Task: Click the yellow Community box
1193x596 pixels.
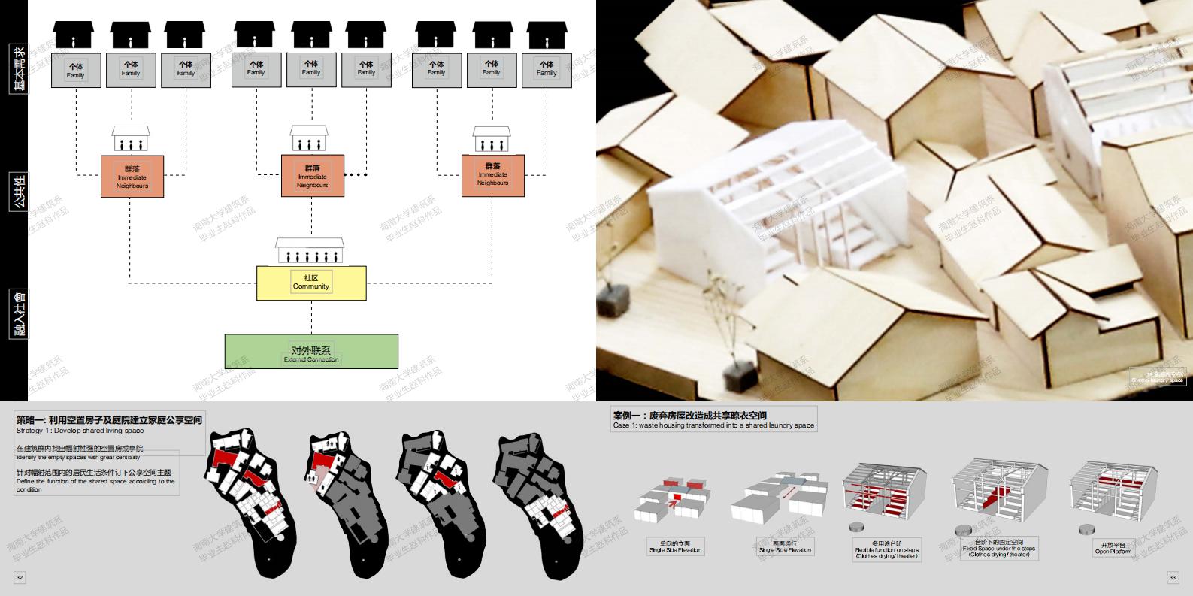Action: [x=311, y=283]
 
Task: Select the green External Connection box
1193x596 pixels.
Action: [x=311, y=352]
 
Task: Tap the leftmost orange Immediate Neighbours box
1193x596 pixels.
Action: [x=132, y=177]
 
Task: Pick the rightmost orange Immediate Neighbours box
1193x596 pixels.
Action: [x=492, y=175]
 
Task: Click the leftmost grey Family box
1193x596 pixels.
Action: [x=75, y=70]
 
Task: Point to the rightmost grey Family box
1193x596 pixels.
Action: [x=547, y=68]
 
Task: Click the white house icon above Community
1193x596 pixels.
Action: [x=310, y=250]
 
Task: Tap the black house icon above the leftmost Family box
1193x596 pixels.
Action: [x=74, y=35]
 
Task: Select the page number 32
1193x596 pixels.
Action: [x=20, y=577]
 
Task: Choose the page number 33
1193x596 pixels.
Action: [x=1172, y=577]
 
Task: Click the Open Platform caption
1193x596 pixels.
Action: [x=1112, y=548]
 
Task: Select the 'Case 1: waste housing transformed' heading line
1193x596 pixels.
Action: [x=713, y=425]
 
